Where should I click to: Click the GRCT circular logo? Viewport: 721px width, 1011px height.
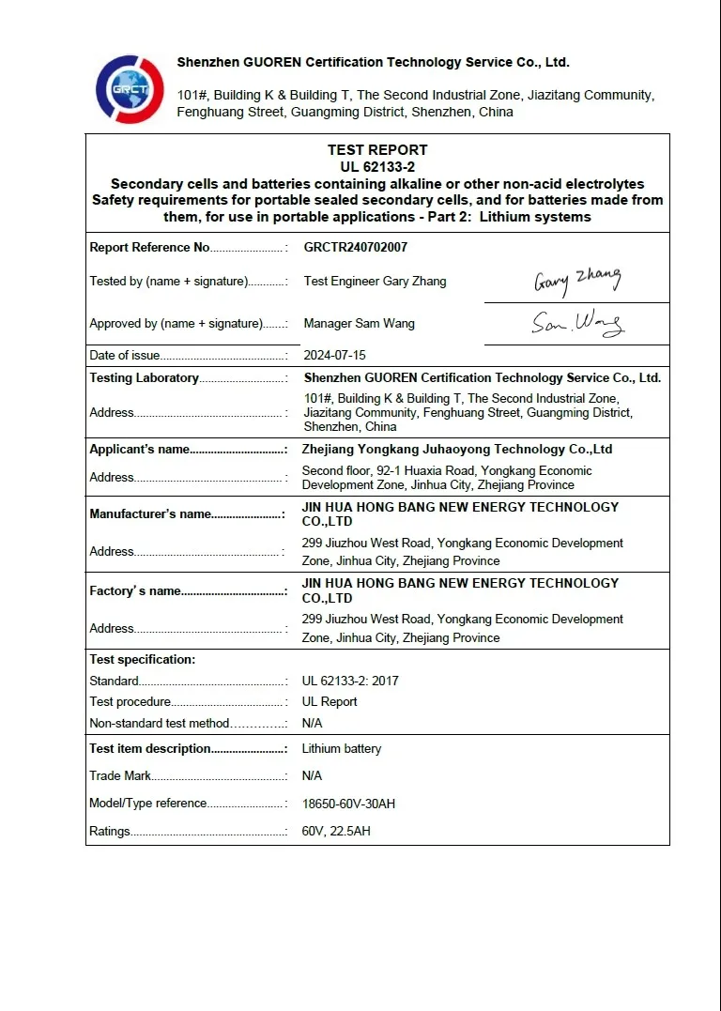[x=130, y=89]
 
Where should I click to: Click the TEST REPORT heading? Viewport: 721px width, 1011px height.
[x=377, y=150]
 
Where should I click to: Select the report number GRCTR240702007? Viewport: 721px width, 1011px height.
[x=356, y=248]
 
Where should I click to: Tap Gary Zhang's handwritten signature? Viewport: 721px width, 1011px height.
[x=577, y=280]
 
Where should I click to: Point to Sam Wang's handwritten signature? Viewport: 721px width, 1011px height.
[x=577, y=324]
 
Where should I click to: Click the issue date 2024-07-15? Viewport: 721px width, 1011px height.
[x=334, y=356]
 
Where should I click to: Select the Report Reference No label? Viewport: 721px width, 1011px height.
[x=149, y=248]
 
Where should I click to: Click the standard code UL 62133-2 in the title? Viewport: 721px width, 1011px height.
[x=377, y=167]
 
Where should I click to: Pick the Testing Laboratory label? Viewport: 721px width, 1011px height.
[x=144, y=378]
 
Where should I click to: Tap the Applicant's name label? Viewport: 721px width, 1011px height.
[x=139, y=450]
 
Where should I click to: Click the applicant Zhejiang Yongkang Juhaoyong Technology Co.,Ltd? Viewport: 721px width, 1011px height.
[x=457, y=450]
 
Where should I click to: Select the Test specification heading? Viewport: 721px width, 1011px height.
[x=142, y=660]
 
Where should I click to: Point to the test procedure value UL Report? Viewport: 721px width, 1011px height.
[x=330, y=702]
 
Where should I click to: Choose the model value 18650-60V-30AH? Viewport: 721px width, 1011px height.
[x=348, y=804]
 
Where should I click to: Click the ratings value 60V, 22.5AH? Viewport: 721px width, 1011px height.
[x=336, y=832]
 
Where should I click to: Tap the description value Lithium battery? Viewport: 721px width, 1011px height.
[x=342, y=749]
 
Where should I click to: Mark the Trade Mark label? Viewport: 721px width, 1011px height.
[x=119, y=776]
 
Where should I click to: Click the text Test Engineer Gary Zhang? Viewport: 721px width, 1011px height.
[x=376, y=282]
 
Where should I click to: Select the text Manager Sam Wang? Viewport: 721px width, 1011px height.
[x=360, y=324]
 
